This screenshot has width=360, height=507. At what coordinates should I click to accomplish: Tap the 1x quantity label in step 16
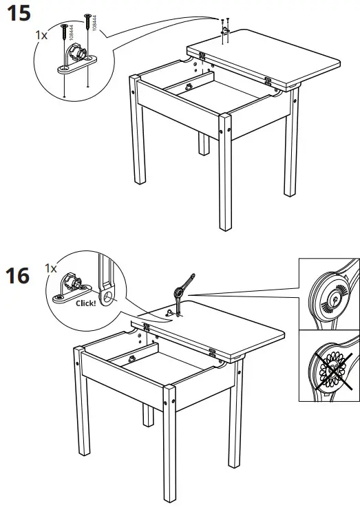50,268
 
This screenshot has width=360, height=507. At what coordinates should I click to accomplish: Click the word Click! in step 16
85,302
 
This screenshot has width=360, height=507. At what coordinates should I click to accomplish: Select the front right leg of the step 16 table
169,440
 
